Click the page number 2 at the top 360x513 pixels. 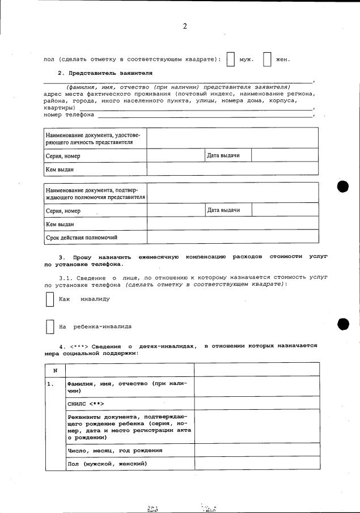[185, 27]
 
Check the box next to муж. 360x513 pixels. [231, 60]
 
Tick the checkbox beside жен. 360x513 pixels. [267, 60]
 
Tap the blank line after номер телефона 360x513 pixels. [205, 115]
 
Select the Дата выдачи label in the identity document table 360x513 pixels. [223, 155]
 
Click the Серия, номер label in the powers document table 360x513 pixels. [63, 211]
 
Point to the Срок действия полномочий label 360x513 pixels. [82, 238]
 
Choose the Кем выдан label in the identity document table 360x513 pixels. [60, 169]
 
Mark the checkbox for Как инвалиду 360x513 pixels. [49, 299]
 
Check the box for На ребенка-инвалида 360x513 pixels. [49, 327]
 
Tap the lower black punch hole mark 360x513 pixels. [344, 324]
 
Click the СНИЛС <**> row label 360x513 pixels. [86, 403]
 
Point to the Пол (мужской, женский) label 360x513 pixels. [107, 464]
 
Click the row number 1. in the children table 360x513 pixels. [51, 384]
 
